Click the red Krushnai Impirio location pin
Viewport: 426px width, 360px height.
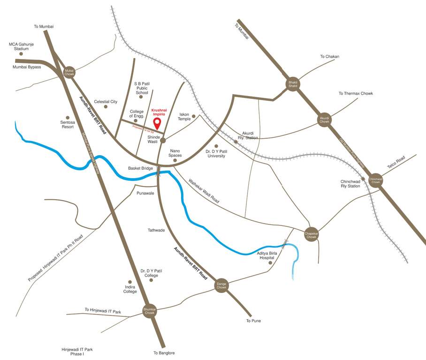tap(158, 123)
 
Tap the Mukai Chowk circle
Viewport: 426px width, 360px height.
tap(69, 72)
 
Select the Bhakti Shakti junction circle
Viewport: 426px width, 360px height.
tap(293, 84)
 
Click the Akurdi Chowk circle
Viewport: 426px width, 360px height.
tap(325, 119)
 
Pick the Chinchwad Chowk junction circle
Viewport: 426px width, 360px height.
tap(375, 180)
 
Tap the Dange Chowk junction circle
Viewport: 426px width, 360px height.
tap(221, 285)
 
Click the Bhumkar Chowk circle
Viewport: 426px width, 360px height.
tap(150, 311)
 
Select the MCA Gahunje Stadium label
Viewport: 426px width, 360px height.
tap(22, 46)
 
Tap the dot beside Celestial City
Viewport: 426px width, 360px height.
tap(106, 107)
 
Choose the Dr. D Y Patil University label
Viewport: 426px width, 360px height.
tap(216, 153)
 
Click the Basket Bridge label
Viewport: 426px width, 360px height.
tap(141, 168)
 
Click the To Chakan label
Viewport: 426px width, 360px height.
tap(329, 57)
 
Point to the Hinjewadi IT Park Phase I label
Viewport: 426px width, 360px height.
tap(77, 352)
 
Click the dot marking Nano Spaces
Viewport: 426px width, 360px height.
tap(175, 160)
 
